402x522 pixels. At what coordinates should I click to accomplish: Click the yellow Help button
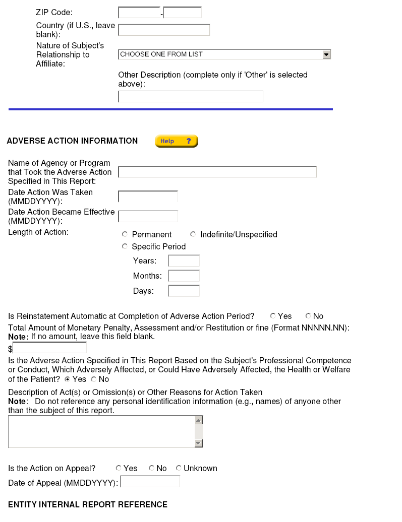tap(176, 141)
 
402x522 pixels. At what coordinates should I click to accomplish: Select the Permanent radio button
tap(125, 234)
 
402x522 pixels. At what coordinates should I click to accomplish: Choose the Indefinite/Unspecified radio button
tap(193, 234)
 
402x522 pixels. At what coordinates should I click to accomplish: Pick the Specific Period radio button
tap(125, 246)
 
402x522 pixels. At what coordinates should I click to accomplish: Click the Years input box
tap(184, 260)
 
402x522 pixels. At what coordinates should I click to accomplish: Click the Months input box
tap(184, 276)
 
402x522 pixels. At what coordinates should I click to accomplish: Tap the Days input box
tap(184, 291)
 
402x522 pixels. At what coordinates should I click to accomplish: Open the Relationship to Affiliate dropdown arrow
tap(326, 54)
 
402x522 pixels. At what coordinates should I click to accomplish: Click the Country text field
tap(163, 30)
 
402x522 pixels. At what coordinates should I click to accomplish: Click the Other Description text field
tap(190, 96)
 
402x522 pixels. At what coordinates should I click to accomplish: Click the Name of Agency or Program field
tap(217, 172)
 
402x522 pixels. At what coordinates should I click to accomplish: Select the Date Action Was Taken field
tap(148, 197)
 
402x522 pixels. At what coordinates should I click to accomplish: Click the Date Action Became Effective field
tap(148, 216)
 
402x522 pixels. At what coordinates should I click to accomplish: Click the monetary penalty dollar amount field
tap(49, 348)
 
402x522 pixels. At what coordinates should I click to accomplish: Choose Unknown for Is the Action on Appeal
tap(179, 468)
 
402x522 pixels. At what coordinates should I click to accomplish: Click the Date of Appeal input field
tap(150, 482)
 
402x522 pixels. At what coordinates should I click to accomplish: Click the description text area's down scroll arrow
tap(198, 443)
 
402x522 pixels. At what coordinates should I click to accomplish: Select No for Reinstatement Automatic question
tap(308, 316)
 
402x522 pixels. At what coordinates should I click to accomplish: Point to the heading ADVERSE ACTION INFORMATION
tap(72, 141)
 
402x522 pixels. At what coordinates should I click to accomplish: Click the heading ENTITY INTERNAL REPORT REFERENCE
tap(88, 504)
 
